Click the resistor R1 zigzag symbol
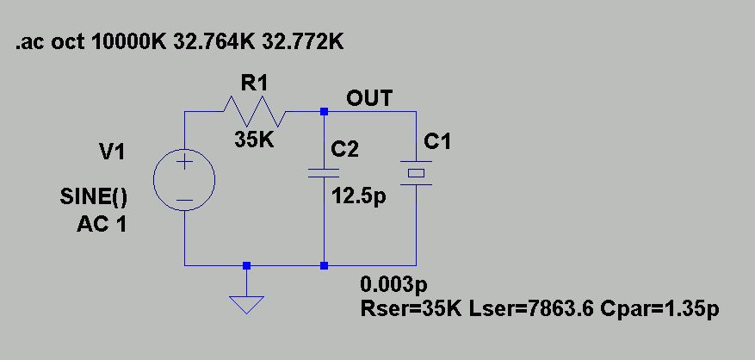[254, 111]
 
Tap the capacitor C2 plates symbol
[324, 172]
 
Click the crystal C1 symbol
[417, 172]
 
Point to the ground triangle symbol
[247, 303]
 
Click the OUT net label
[369, 98]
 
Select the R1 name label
[255, 83]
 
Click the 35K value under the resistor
[255, 140]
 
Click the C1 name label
[437, 142]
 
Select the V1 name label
[112, 152]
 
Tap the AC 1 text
[102, 226]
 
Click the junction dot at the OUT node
[324, 111]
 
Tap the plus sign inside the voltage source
[185, 164]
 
